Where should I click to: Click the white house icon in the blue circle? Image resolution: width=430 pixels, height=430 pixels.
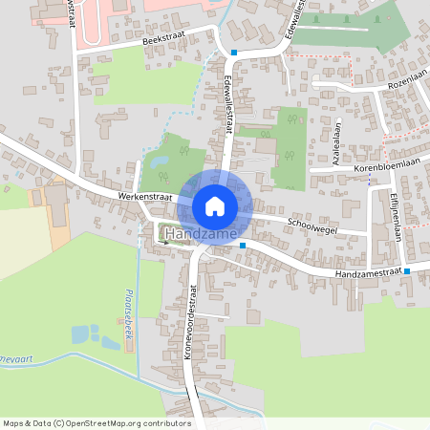click(215, 205)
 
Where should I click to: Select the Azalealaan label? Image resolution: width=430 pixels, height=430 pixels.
click(336, 149)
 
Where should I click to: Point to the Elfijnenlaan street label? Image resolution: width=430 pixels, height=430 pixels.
click(394, 217)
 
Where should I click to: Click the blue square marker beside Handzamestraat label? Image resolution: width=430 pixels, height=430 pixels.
click(407, 271)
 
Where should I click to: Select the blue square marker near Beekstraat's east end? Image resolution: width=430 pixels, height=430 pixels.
click(234, 53)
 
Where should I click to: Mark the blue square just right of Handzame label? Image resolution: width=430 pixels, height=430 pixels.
click(243, 246)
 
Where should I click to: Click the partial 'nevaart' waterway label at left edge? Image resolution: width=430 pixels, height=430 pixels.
click(16, 356)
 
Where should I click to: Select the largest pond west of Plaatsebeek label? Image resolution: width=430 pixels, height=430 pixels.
click(80, 334)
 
